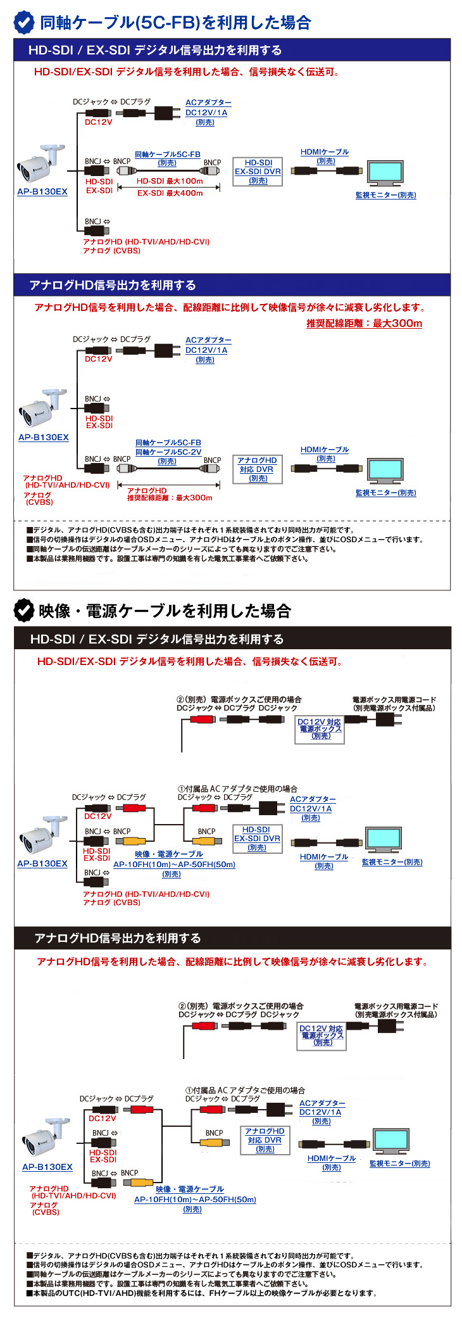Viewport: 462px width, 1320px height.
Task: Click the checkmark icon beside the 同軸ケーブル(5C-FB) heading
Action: (x=24, y=22)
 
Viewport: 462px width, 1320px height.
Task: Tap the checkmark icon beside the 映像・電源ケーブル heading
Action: (x=24, y=611)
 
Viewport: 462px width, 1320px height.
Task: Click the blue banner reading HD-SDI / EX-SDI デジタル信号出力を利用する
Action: (x=232, y=50)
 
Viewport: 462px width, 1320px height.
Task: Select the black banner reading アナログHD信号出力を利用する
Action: (x=232, y=938)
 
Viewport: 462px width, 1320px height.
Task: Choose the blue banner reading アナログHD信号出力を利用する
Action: (x=232, y=285)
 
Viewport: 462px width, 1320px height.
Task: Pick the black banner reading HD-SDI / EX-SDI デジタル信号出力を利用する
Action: (x=232, y=638)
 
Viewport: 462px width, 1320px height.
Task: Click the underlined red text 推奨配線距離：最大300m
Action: (x=364, y=324)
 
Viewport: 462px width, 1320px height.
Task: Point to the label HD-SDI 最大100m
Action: (x=170, y=181)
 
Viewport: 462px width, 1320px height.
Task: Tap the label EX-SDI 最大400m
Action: (x=170, y=193)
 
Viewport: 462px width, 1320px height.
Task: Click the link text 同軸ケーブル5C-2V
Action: (x=168, y=452)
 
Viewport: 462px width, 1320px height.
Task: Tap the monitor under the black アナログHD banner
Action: (x=390, y=1142)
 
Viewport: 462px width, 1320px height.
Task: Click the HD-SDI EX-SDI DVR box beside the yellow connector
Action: (x=257, y=839)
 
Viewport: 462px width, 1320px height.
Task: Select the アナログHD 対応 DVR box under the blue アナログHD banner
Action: (x=257, y=469)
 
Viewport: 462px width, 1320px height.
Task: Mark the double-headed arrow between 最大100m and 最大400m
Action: (x=168, y=187)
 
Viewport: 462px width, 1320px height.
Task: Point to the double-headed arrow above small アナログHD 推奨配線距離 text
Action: (x=168, y=485)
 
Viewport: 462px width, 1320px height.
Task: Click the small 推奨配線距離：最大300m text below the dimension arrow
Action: (x=170, y=498)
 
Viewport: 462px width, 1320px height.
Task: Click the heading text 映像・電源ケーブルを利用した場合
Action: (x=165, y=611)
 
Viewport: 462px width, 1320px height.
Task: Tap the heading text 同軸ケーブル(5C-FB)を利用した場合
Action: (x=175, y=23)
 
